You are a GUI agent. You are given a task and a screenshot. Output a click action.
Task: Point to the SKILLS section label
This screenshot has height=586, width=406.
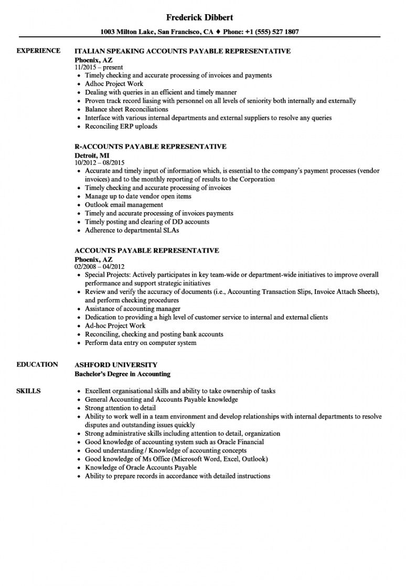[x=28, y=391]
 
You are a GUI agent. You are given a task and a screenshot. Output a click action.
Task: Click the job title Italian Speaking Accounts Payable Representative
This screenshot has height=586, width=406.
[x=183, y=51]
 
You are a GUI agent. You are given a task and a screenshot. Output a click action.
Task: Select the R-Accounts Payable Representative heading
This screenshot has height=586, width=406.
[x=151, y=146]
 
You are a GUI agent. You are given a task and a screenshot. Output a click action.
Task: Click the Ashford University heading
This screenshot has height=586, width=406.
[x=116, y=365]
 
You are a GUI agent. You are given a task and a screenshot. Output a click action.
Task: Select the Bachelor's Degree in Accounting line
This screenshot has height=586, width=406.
[x=123, y=374]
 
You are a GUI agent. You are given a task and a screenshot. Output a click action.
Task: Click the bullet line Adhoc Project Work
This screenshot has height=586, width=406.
[x=114, y=84]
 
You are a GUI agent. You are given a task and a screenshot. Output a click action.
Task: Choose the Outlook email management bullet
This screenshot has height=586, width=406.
[x=124, y=205]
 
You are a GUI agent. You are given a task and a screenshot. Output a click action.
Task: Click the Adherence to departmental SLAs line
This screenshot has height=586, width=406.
[x=132, y=231]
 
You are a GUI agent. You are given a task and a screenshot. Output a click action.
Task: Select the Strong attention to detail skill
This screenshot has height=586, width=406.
[x=120, y=408]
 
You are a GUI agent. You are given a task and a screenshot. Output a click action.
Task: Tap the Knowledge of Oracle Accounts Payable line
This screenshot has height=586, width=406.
[x=141, y=468]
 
